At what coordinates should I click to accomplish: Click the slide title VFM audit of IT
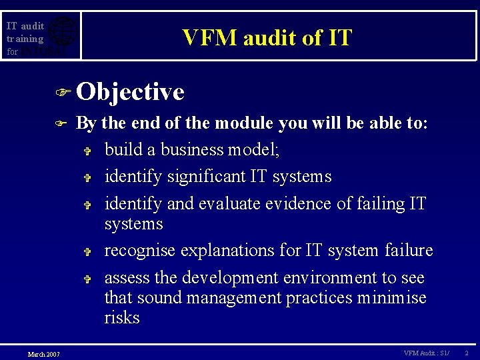(267, 38)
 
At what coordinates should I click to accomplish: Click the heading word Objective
(130, 92)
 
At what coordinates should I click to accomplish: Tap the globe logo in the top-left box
(62, 35)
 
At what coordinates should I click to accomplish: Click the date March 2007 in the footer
(43, 353)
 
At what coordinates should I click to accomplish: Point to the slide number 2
(467, 353)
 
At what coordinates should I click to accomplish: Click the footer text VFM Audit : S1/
(427, 353)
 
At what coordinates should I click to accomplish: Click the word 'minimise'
(393, 298)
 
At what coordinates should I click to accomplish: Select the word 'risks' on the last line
(122, 318)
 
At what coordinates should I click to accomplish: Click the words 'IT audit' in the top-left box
(25, 26)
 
